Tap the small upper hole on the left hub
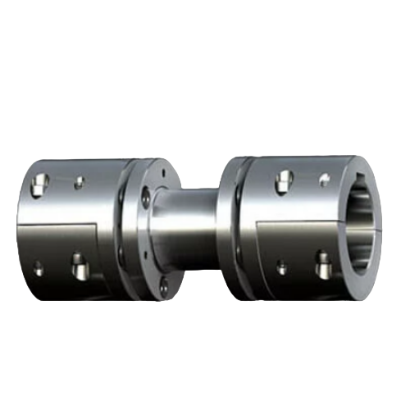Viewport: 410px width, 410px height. click(79, 182)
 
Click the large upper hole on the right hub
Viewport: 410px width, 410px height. click(285, 180)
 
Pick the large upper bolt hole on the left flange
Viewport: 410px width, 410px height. click(147, 196)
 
